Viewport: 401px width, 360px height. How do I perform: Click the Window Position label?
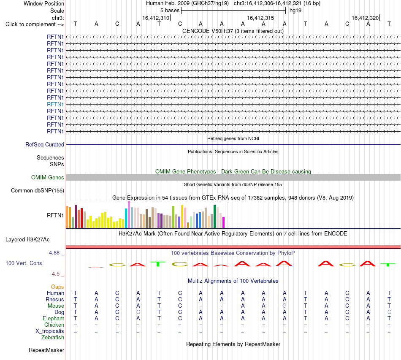click(x=44, y=3)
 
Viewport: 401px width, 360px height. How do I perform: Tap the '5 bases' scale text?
click(x=170, y=11)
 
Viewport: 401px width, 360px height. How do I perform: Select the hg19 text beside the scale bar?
click(x=295, y=11)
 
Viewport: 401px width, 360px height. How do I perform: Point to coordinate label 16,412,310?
click(x=156, y=18)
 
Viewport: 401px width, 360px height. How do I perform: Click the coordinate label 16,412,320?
click(x=365, y=18)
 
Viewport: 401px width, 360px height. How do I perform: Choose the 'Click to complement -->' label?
click(x=35, y=24)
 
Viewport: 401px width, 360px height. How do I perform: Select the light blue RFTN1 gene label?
click(x=55, y=104)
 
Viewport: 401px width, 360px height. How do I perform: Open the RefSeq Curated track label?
click(x=45, y=144)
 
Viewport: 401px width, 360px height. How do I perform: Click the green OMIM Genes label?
click(x=48, y=177)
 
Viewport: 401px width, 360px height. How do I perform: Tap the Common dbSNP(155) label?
click(x=38, y=190)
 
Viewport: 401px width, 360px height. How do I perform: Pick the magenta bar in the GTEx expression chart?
click(x=224, y=222)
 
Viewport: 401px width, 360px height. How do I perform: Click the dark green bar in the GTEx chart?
click(x=214, y=217)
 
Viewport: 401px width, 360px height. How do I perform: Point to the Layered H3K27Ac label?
click(x=27, y=240)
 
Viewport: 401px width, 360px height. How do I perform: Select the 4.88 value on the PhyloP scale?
click(x=54, y=253)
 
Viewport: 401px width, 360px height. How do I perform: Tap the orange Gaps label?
click(x=57, y=287)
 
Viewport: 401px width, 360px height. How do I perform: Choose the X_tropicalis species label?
click(x=50, y=331)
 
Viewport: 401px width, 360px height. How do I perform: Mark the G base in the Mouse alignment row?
click(x=284, y=306)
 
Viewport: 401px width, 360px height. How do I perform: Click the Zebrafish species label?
click(x=53, y=338)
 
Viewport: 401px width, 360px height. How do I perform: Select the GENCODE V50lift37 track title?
click(x=233, y=31)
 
